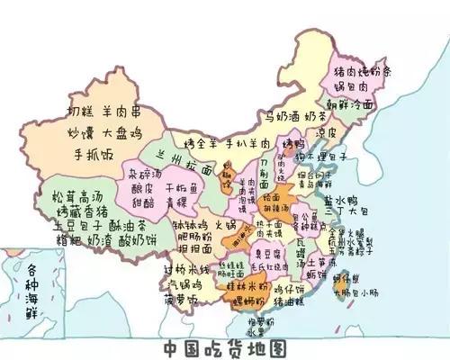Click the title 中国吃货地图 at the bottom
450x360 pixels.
point(225,346)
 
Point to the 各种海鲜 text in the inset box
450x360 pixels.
point(30,283)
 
